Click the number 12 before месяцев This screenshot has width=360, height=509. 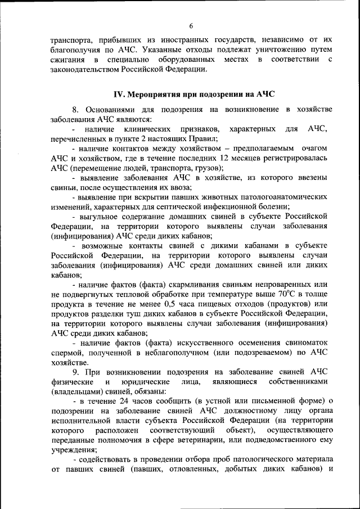click(x=225, y=159)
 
